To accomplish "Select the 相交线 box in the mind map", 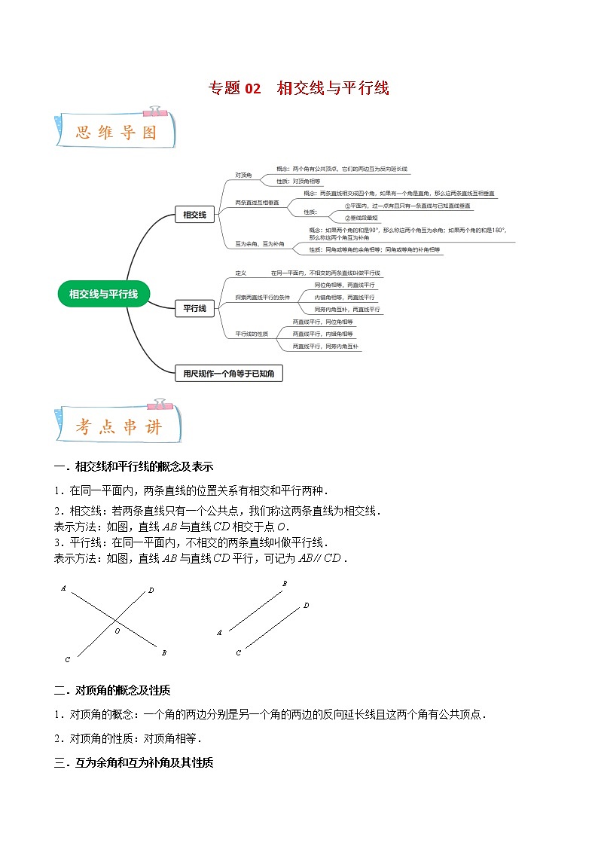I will coord(194,215).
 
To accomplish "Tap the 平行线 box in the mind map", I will coord(194,307).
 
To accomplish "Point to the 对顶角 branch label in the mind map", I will coord(243,176).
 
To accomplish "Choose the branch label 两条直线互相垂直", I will coord(257,203).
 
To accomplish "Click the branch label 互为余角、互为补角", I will coord(260,244).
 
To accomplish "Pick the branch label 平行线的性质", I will coord(252,333).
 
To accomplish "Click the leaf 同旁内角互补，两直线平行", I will coord(347,310).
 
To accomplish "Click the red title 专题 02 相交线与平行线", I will coord(299,88).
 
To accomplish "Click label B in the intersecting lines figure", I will coord(163,652).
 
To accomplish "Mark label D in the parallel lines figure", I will coord(306,605).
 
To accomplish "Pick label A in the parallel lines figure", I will coord(219,633).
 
